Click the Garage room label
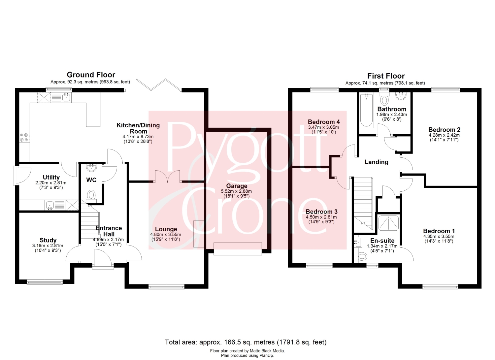[x=237, y=186]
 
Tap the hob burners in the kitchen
[x=24, y=137]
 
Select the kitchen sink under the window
[x=67, y=97]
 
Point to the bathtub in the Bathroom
[x=366, y=111]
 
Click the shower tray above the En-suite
[x=388, y=223]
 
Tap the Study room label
[x=48, y=240]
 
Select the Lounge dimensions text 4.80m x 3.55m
[x=166, y=235]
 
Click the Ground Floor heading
[x=91, y=75]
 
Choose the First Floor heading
[x=386, y=76]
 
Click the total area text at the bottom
[x=246, y=342]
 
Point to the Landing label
[x=376, y=162]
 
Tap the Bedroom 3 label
[x=321, y=212]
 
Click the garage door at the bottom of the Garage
[x=238, y=249]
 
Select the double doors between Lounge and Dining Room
[x=168, y=176]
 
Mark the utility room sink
[x=50, y=205]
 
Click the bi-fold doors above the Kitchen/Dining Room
[x=159, y=85]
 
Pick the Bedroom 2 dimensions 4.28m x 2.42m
[x=444, y=135]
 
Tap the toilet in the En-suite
[x=362, y=256]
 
